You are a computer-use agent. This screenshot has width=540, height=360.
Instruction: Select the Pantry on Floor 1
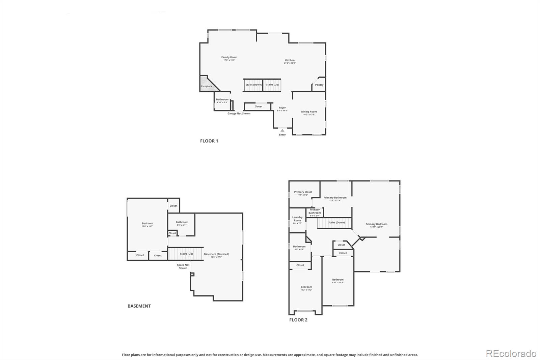pos(319,85)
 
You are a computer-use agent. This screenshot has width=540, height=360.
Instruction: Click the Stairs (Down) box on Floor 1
pos(253,85)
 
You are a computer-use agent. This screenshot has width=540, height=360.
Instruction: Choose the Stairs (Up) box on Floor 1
pos(272,85)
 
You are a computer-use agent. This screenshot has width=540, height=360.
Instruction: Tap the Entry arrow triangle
pos(282,130)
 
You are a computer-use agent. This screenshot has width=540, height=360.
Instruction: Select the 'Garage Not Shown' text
pos(239,113)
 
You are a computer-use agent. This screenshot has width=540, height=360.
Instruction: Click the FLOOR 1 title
pos(209,141)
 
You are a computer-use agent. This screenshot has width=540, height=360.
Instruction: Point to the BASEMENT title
pos(139,306)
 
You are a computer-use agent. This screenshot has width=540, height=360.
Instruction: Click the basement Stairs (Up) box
pos(186,254)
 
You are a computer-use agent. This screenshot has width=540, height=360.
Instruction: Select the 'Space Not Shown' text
pos(183,266)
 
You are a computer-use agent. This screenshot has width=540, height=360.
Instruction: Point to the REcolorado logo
pos(511,354)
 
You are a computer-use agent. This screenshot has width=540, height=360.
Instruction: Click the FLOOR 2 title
pos(298,320)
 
